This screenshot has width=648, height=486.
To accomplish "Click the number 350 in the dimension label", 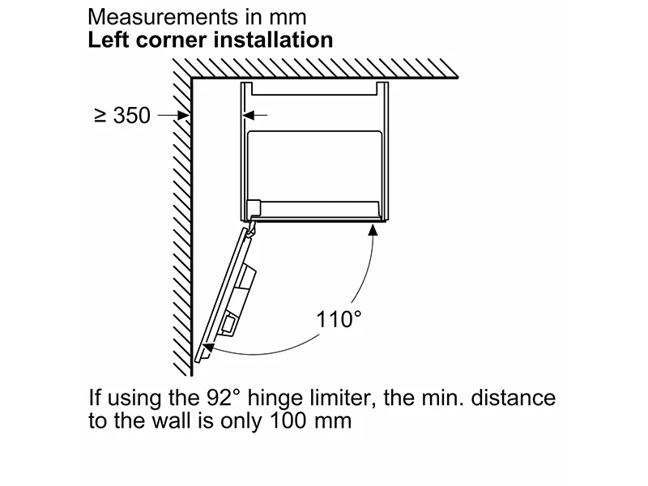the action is pyautogui.click(x=132, y=115).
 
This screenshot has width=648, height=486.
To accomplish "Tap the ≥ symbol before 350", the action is pyautogui.click(x=100, y=116).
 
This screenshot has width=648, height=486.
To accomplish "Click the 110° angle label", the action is pyautogui.click(x=339, y=319).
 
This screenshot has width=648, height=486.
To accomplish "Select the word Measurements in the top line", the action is pyautogui.click(x=164, y=17).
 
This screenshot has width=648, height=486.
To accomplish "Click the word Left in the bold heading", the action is pyautogui.click(x=109, y=40).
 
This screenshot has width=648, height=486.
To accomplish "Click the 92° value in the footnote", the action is pyautogui.click(x=223, y=398).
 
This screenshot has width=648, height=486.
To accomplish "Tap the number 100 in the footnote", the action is pyautogui.click(x=288, y=420).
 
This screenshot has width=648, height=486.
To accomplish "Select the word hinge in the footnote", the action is pyautogui.click(x=275, y=399).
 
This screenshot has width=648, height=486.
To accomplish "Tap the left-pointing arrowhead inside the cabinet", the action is pyautogui.click(x=249, y=115).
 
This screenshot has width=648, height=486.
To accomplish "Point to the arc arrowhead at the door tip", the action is pyautogui.click(x=208, y=348).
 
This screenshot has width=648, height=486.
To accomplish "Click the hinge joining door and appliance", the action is pyautogui.click(x=251, y=227).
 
